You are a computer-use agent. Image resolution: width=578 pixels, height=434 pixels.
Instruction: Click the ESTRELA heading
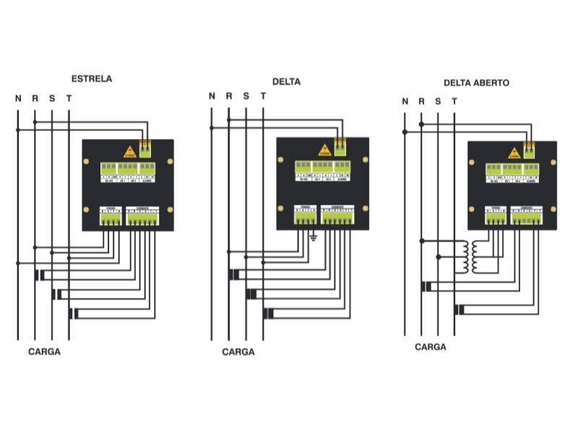(91, 79)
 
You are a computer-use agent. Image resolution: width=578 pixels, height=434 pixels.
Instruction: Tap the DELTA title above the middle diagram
(286, 82)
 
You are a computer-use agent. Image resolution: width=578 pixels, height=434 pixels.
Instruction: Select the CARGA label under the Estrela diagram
(44, 352)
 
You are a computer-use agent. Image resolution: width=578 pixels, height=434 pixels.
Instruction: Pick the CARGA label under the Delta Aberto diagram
(430, 347)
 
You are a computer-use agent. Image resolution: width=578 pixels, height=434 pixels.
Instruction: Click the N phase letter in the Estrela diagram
(18, 98)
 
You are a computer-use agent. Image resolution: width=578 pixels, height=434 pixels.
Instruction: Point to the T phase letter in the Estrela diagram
(69, 98)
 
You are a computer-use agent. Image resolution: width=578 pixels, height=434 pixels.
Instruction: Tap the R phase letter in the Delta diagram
(228, 96)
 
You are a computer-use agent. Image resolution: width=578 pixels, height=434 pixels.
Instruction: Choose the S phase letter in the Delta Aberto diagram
(438, 102)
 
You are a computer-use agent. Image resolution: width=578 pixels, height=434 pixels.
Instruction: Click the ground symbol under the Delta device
(313, 237)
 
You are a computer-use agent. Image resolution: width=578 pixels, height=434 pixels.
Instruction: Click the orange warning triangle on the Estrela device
(130, 150)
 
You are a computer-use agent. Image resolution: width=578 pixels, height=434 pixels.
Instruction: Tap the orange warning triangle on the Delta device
(324, 150)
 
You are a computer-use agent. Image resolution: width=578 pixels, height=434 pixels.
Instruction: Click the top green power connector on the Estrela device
(145, 148)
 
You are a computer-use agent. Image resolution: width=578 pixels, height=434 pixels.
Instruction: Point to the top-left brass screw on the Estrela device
(86, 161)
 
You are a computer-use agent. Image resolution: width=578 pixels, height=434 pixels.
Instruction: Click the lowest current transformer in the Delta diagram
(267, 313)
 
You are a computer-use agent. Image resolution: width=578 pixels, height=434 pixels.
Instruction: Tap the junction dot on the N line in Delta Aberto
(405, 132)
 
